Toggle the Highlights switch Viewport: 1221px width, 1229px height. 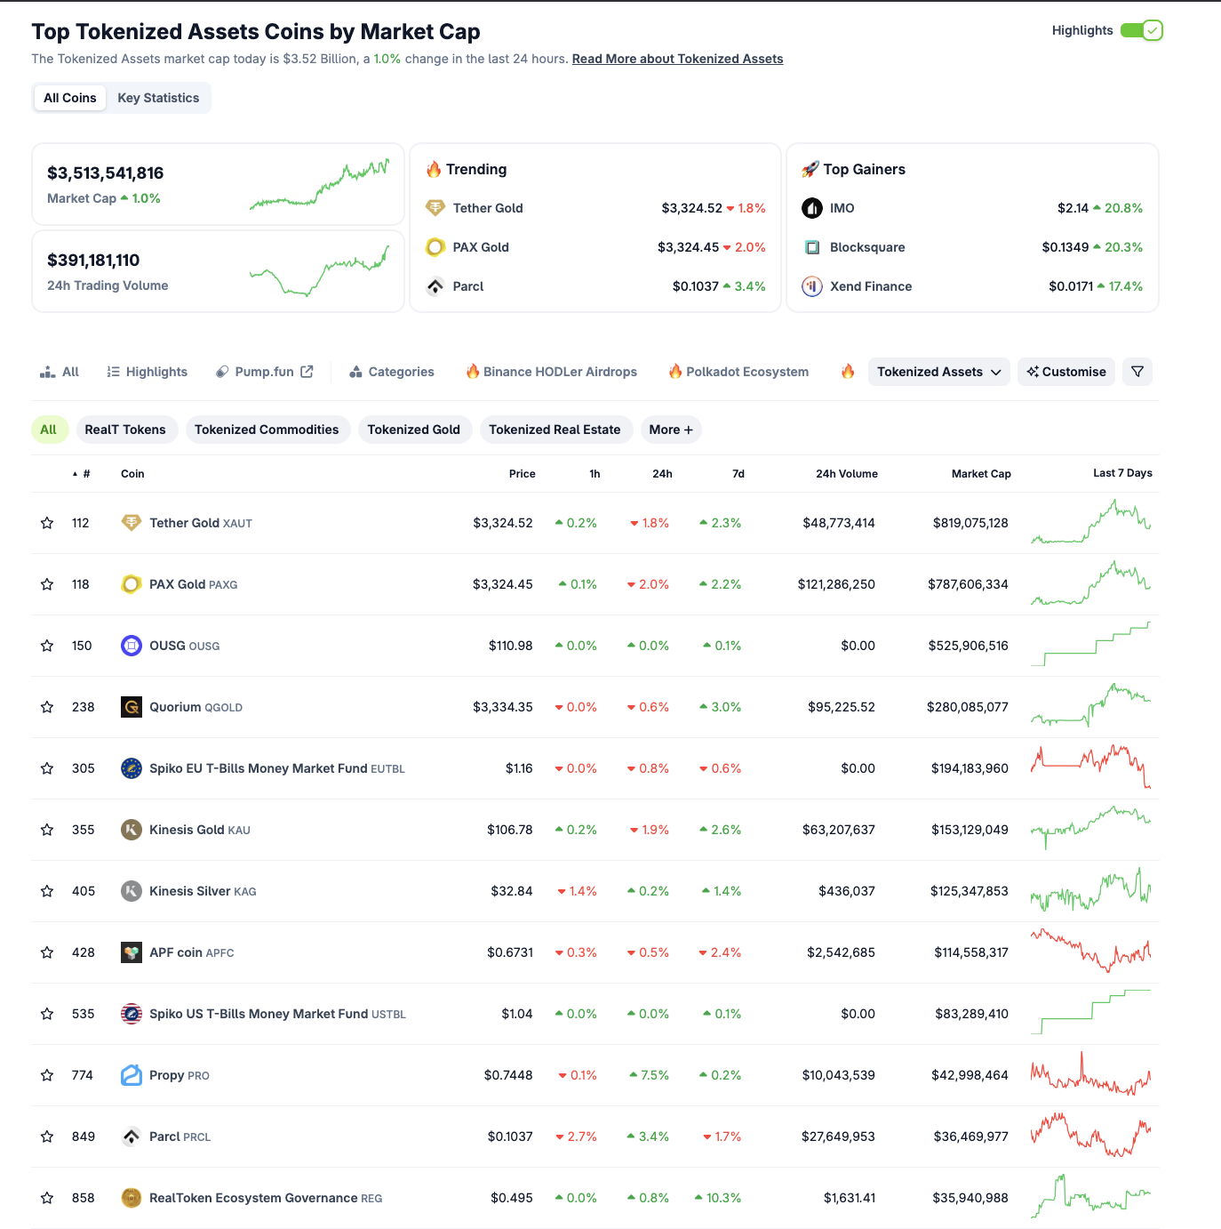coord(1141,30)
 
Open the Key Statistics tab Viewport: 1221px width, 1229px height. coord(158,98)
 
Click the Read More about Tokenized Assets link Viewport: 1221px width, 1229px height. coord(677,59)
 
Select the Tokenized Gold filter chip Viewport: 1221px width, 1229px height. coord(413,430)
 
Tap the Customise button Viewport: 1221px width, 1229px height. coord(1066,372)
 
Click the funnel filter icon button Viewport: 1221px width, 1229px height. coord(1137,372)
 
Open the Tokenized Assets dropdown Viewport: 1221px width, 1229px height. coord(938,372)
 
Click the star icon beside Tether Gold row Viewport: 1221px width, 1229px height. coord(47,523)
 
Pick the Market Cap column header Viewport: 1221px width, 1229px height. coord(980,474)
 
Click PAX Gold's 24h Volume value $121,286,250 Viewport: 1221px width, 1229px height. coord(836,584)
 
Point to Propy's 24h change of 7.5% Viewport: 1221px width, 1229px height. coord(650,1075)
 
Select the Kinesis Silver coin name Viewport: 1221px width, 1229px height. coord(189,891)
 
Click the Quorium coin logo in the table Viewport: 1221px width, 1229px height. coord(132,707)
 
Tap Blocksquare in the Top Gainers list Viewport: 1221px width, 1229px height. coord(866,247)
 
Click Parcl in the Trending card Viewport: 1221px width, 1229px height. coord(467,286)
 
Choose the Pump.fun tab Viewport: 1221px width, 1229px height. coord(264,372)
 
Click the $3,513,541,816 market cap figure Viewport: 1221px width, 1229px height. coord(106,173)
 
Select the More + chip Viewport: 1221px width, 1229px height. coord(670,430)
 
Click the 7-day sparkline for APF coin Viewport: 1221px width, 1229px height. coord(1090,952)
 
